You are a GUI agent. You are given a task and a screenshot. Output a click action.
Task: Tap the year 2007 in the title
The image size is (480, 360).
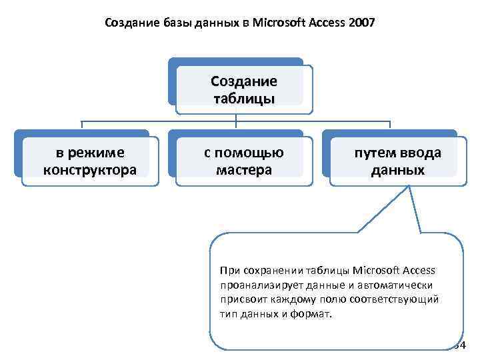pos(361,24)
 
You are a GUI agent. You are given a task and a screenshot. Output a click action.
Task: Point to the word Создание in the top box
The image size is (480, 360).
pos(243,82)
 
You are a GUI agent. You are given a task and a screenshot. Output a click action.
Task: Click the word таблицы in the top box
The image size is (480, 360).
pos(243,99)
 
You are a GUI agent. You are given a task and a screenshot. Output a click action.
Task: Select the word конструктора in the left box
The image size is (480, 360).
pos(89,169)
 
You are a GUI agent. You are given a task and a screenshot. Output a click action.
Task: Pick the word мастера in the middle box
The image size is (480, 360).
pos(244,169)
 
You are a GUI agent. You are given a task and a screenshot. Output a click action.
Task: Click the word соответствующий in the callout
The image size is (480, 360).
pos(398,299)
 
